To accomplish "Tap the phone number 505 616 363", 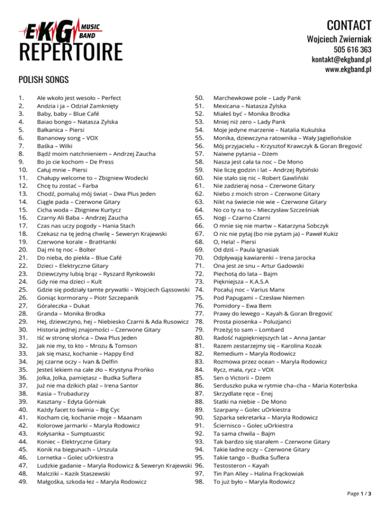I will point(352,49).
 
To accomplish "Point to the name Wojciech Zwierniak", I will point(339,39).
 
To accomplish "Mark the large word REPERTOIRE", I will point(71,52).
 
